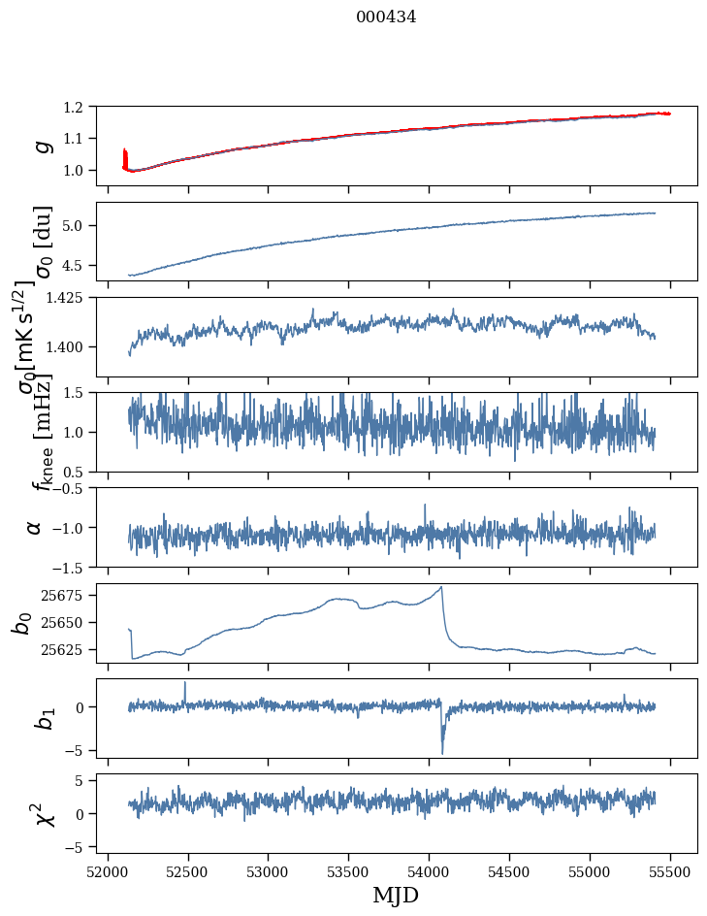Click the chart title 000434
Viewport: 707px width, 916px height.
[386, 16]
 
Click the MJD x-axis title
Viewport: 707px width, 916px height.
[396, 895]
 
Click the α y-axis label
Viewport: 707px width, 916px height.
[35, 527]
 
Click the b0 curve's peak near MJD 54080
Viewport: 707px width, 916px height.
[442, 587]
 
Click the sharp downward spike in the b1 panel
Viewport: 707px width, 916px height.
[442, 753]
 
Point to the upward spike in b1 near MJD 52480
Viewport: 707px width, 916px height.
[185, 682]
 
